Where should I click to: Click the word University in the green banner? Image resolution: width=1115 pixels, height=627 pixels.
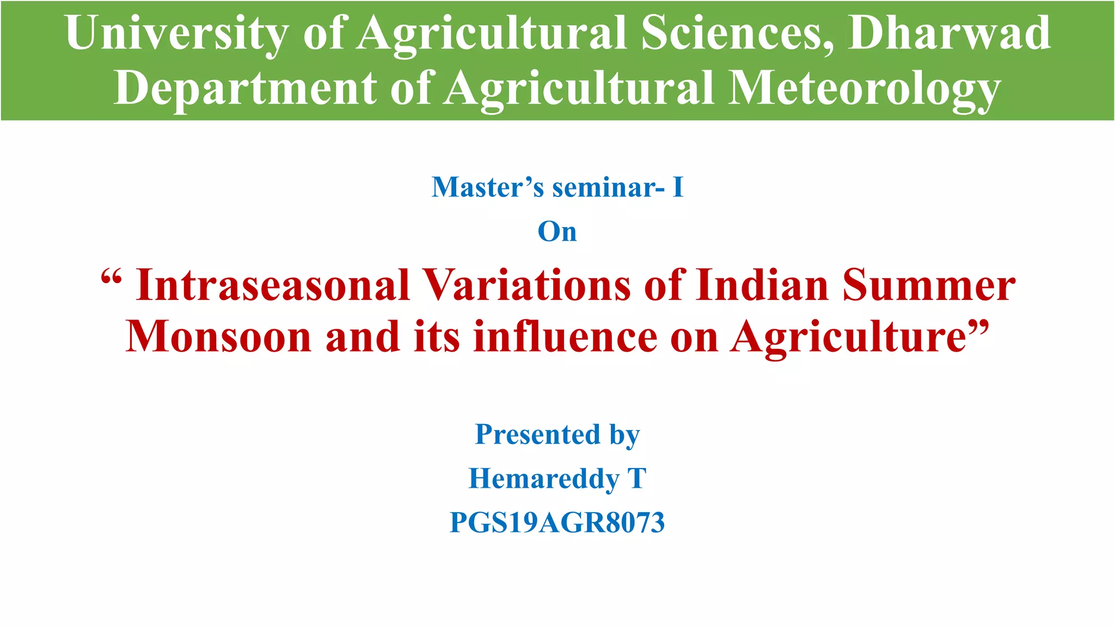(x=177, y=34)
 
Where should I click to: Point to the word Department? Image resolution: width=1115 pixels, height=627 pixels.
(x=245, y=88)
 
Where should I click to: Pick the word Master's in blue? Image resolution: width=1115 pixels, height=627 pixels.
(x=487, y=187)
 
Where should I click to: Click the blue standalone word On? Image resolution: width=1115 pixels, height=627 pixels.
(x=557, y=231)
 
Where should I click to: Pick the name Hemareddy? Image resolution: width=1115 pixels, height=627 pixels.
(x=544, y=478)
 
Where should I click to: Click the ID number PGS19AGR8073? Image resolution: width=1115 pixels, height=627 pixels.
(x=557, y=522)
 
